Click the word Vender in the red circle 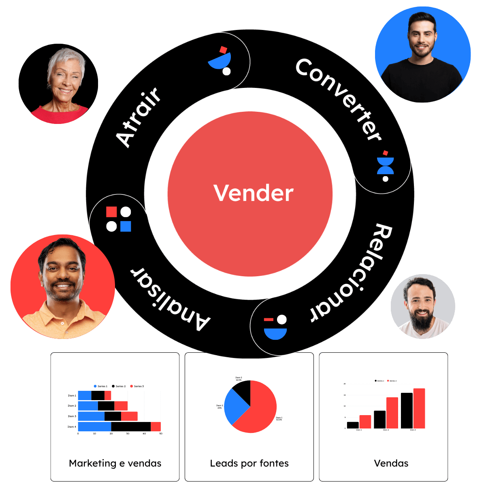(x=253, y=193)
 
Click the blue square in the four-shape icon (x=126, y=226)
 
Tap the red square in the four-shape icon (x=111, y=212)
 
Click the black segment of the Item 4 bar (x=131, y=426)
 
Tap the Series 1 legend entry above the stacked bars (x=100, y=386)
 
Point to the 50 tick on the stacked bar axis (x=160, y=434)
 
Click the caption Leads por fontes (x=249, y=463)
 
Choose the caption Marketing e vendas (x=115, y=463)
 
